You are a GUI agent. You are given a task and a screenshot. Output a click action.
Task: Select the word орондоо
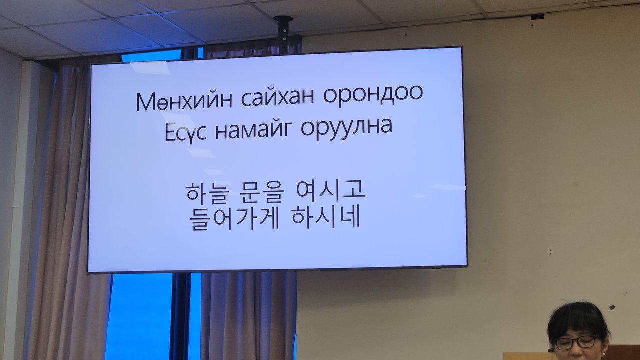pyautogui.click(x=373, y=97)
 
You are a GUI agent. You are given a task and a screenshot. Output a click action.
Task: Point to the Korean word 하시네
pyautogui.click(x=325, y=217)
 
